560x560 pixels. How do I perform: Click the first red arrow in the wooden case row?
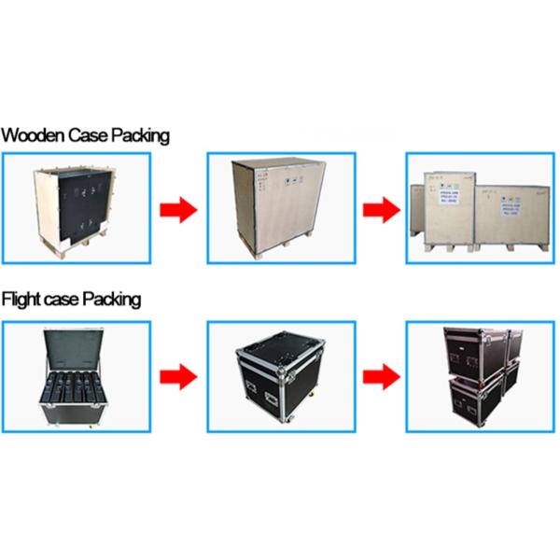[x=177, y=210]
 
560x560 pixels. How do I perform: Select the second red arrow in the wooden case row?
[x=383, y=210]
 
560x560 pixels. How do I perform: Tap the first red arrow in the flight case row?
[x=177, y=377]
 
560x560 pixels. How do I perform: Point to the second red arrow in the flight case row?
[x=383, y=377]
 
